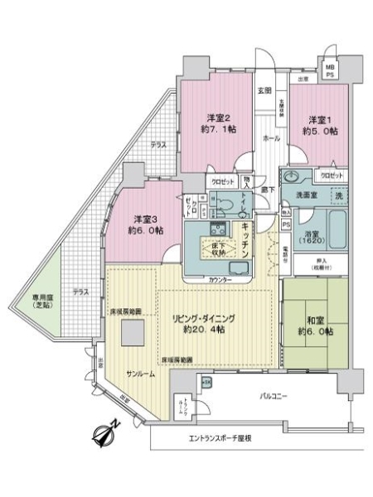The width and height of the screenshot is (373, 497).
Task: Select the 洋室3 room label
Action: coord(148,225)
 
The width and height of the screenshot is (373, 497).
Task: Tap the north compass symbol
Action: coord(107,432)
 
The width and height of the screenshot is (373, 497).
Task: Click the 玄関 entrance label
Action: coord(264,90)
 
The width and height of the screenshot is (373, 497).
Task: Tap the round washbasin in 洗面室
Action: coord(295,176)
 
